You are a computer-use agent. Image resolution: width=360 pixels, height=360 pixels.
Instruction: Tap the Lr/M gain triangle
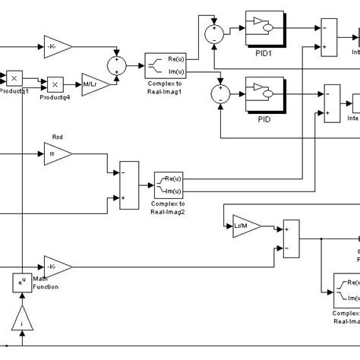click(x=245, y=226)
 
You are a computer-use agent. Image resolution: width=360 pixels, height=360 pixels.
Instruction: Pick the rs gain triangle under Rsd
click(x=59, y=154)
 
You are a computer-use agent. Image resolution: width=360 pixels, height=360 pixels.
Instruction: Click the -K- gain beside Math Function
click(x=58, y=267)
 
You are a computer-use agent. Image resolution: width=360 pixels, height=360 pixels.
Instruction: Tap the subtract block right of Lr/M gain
click(x=291, y=236)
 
